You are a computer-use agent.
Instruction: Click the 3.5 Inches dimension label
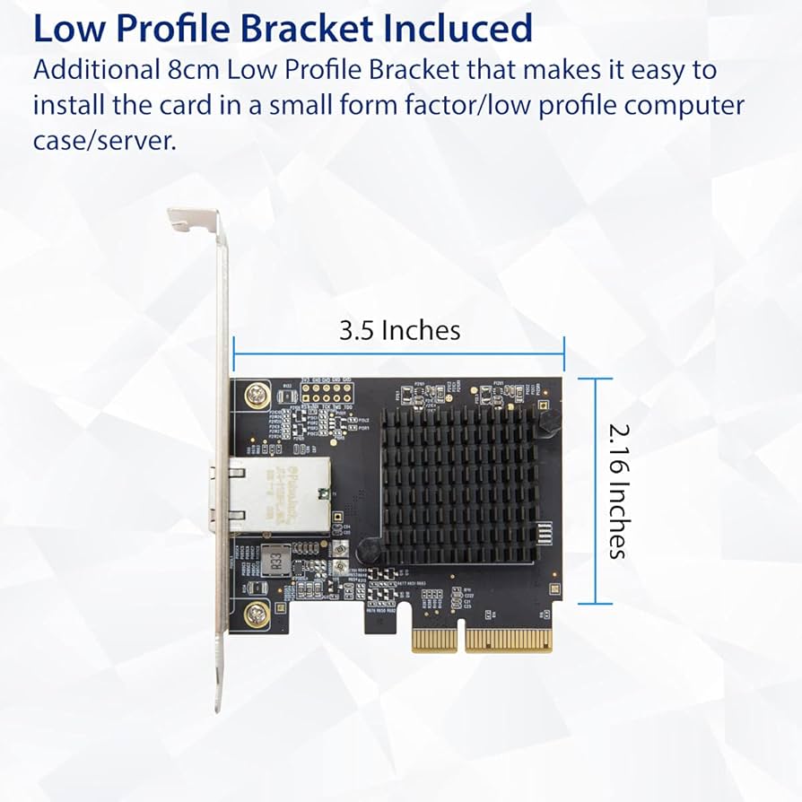coord(399,330)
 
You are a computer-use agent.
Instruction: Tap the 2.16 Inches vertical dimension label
coord(616,492)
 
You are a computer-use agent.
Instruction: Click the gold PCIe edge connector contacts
coord(483,639)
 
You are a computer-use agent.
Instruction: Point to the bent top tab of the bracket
coord(192,218)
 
